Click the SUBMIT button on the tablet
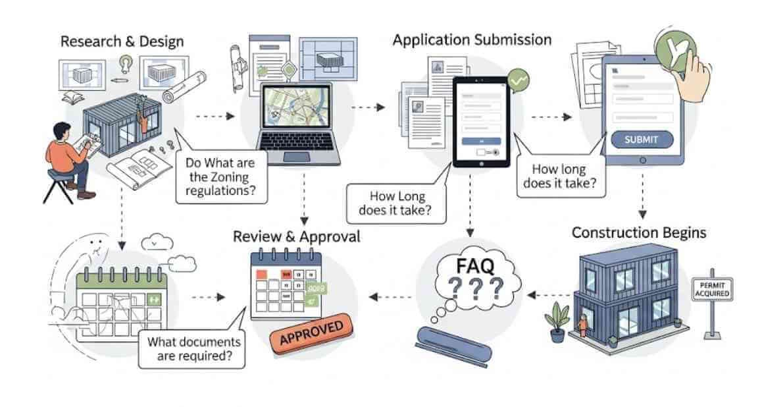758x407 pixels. (642, 140)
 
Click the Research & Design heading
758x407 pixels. (122, 41)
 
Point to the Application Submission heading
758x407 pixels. (472, 40)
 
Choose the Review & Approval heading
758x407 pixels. (297, 236)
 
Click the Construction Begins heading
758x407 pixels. (639, 232)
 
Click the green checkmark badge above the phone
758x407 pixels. (520, 80)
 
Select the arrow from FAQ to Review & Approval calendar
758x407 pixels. (392, 297)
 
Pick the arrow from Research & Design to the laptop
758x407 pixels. (215, 117)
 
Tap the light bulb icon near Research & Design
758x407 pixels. (124, 63)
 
